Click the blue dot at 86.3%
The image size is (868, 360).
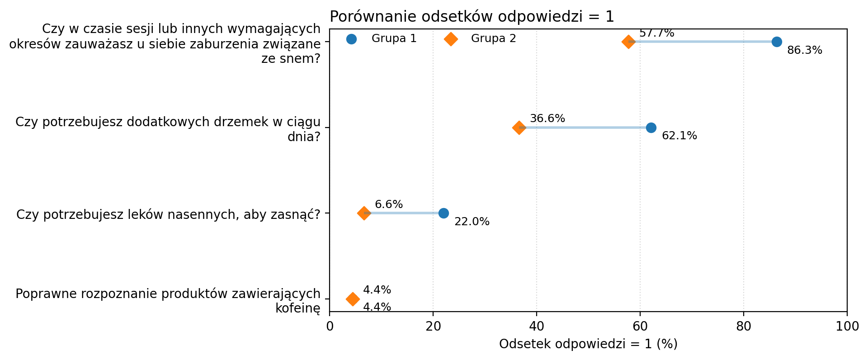776,42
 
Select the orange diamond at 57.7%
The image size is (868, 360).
628,42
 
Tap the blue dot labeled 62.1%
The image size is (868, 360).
651,128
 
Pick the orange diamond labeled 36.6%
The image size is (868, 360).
519,128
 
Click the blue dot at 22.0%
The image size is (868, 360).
443,213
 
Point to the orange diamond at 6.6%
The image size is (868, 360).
364,213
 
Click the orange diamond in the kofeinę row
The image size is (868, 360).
353,299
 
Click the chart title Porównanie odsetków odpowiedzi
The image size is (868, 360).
472,17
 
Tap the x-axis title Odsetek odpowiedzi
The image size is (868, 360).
588,345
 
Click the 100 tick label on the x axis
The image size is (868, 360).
847,327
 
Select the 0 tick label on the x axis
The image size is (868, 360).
330,327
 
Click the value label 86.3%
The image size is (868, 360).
804,51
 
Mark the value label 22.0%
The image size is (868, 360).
472,222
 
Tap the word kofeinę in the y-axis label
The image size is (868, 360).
297,309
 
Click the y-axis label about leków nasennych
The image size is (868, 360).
168,214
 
